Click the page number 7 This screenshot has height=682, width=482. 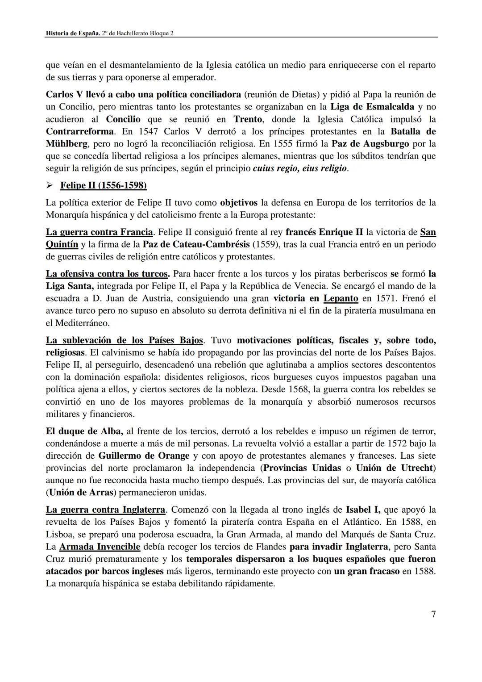coord(433,615)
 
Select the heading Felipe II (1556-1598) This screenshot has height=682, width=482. coord(103,185)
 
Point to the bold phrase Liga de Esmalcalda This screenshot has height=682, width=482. coord(372,107)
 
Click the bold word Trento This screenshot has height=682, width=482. coord(248,119)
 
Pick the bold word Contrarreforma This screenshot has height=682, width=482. coord(79,132)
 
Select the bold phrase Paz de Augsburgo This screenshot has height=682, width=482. coord(370,144)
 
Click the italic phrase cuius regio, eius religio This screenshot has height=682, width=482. coord(299,169)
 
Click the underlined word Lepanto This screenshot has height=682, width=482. coord(341,298)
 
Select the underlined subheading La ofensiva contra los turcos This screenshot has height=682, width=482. coord(107,273)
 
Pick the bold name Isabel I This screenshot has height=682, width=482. coord(362,510)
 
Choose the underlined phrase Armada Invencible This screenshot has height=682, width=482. coord(100,547)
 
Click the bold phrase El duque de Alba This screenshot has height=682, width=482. coord(84,431)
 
